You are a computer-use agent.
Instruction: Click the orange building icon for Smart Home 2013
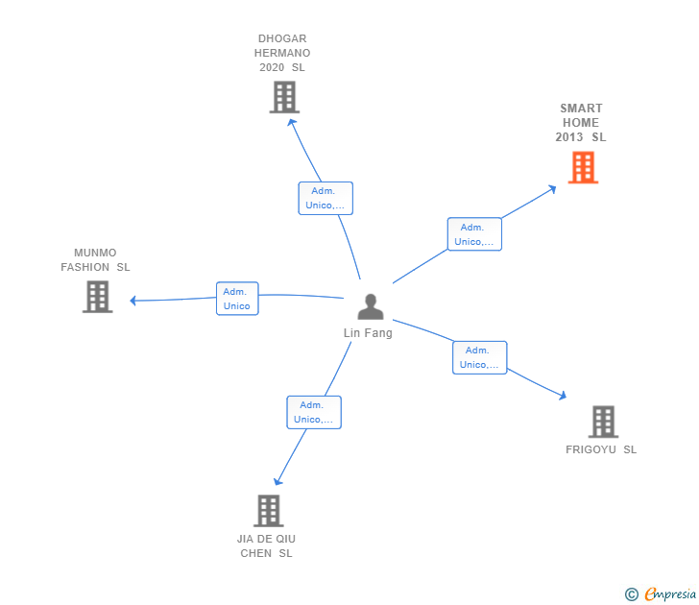tap(583, 168)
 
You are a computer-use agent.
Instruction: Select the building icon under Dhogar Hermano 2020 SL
tap(284, 97)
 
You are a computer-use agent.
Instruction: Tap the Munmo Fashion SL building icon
tap(97, 297)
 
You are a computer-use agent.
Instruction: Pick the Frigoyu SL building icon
tap(603, 422)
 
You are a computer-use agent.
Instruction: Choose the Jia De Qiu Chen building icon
tap(269, 511)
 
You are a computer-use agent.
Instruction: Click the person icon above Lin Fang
tap(370, 307)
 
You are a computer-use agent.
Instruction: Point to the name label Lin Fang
tap(368, 333)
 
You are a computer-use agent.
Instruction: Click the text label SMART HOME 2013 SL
tap(581, 123)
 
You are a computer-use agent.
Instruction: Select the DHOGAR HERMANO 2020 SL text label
tap(283, 54)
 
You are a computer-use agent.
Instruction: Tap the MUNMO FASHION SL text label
tap(95, 260)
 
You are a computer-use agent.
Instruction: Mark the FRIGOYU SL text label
tap(601, 449)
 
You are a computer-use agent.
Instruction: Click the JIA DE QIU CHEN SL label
tap(267, 545)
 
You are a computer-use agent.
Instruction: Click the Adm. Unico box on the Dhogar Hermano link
tap(325, 198)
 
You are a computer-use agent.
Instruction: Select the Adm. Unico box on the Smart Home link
tap(474, 234)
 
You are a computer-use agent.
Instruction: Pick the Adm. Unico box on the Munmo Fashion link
tap(237, 299)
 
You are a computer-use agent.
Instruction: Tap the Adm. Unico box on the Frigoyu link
tap(480, 357)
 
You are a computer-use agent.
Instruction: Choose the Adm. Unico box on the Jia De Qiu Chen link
tap(314, 412)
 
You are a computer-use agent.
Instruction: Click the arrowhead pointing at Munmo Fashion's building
tap(134, 301)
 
